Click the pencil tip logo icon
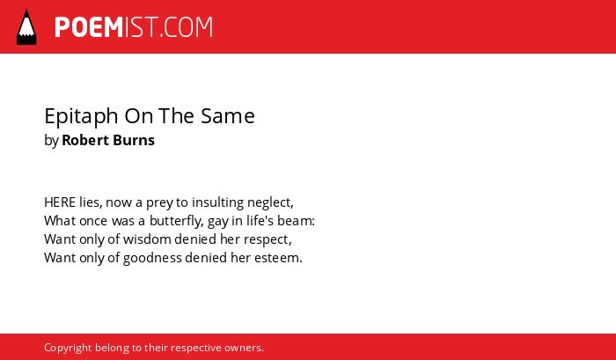click(x=26, y=27)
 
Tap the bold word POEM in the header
click(x=89, y=27)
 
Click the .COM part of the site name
click(x=187, y=27)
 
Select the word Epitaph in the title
click(x=81, y=116)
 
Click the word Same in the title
click(x=227, y=116)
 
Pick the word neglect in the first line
click(x=270, y=202)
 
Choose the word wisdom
click(x=147, y=239)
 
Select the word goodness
click(x=152, y=259)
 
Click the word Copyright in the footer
click(x=68, y=349)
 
